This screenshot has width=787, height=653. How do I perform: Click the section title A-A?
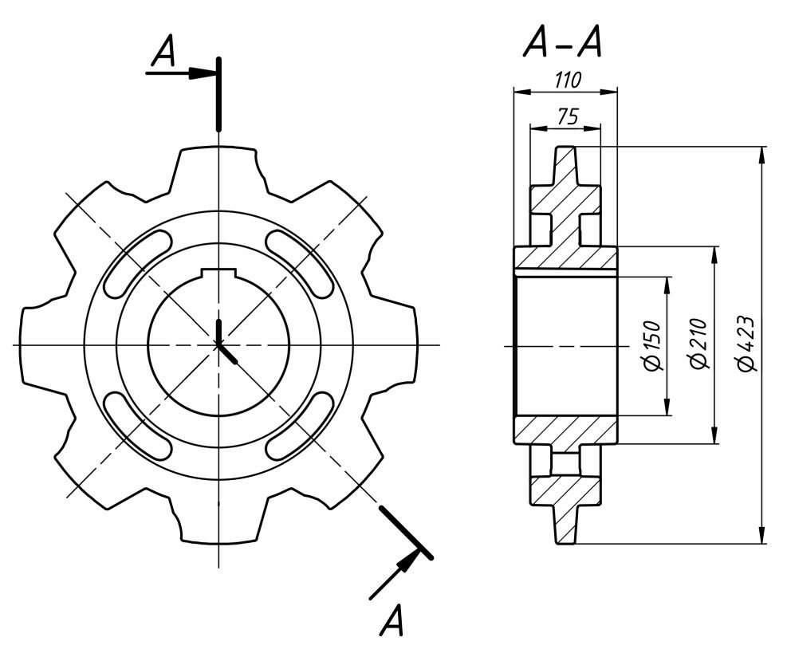tap(561, 45)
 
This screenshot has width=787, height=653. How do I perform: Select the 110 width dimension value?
tap(566, 80)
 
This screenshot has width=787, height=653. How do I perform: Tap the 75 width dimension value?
tap(566, 116)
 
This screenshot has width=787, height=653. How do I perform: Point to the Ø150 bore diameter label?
tap(653, 345)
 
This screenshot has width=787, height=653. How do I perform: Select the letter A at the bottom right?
tap(392, 621)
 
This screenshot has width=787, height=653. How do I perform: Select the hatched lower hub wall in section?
tap(565, 430)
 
